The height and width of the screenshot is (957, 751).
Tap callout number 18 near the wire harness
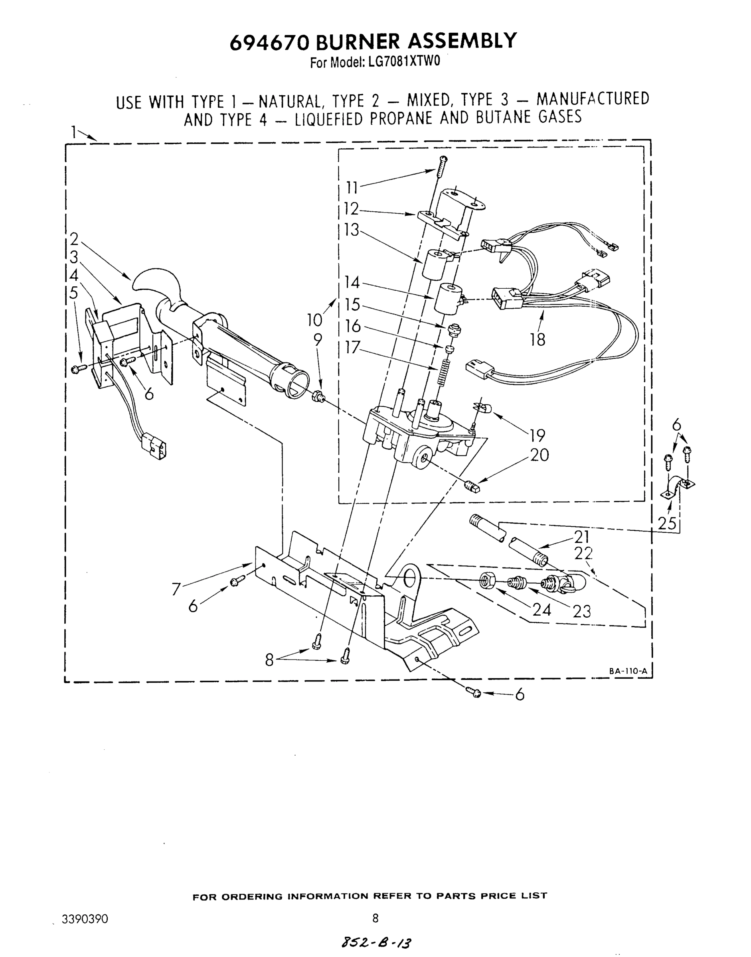coord(537,339)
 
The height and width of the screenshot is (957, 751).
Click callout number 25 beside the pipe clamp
coord(666,523)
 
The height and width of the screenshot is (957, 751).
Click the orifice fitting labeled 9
coord(318,396)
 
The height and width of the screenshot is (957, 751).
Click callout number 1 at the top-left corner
coord(74,131)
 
